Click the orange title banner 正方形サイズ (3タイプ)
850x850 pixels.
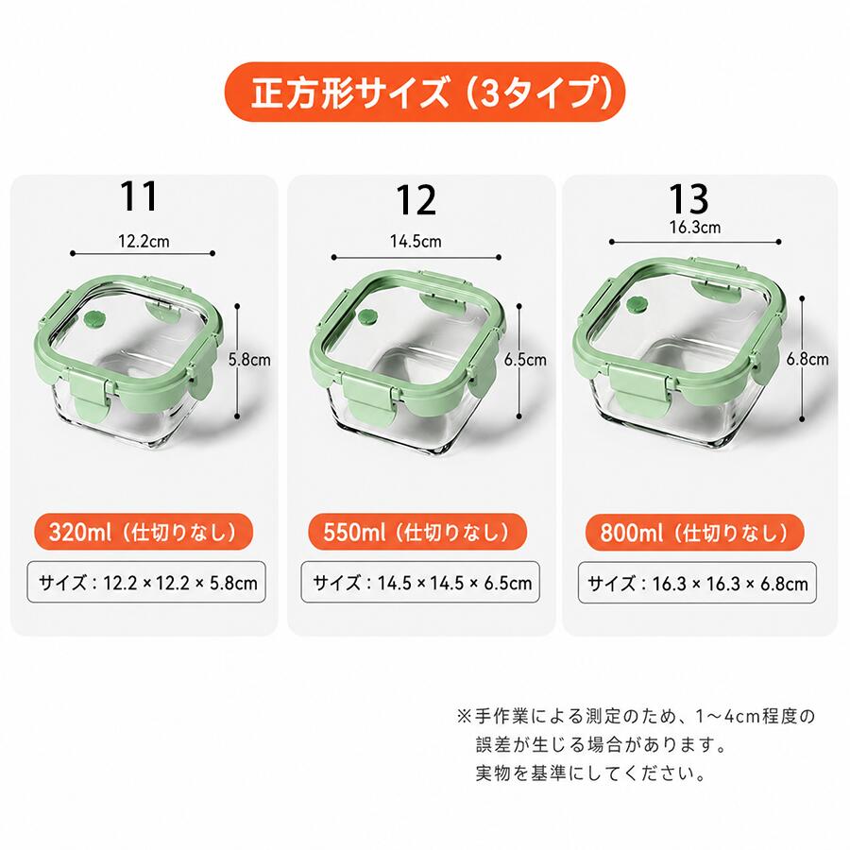(x=424, y=92)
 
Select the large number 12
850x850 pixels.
(x=416, y=200)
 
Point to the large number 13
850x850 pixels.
(x=688, y=198)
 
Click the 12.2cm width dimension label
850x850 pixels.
(x=144, y=241)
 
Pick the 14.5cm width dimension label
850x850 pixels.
(x=416, y=241)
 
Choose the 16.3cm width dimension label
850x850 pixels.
(x=695, y=227)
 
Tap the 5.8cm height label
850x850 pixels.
(x=249, y=360)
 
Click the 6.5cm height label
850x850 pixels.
(x=525, y=360)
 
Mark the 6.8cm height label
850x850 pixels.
(x=807, y=359)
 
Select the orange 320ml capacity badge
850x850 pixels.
(x=144, y=532)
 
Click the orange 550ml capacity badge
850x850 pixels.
(x=417, y=532)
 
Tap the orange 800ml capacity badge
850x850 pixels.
(x=694, y=533)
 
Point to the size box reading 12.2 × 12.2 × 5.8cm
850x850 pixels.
(x=146, y=582)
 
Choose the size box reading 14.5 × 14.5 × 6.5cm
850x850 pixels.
(x=420, y=582)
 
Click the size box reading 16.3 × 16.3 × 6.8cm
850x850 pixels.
(x=697, y=583)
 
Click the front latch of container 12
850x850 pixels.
(x=369, y=400)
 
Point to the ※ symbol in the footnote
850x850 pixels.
(x=464, y=716)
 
